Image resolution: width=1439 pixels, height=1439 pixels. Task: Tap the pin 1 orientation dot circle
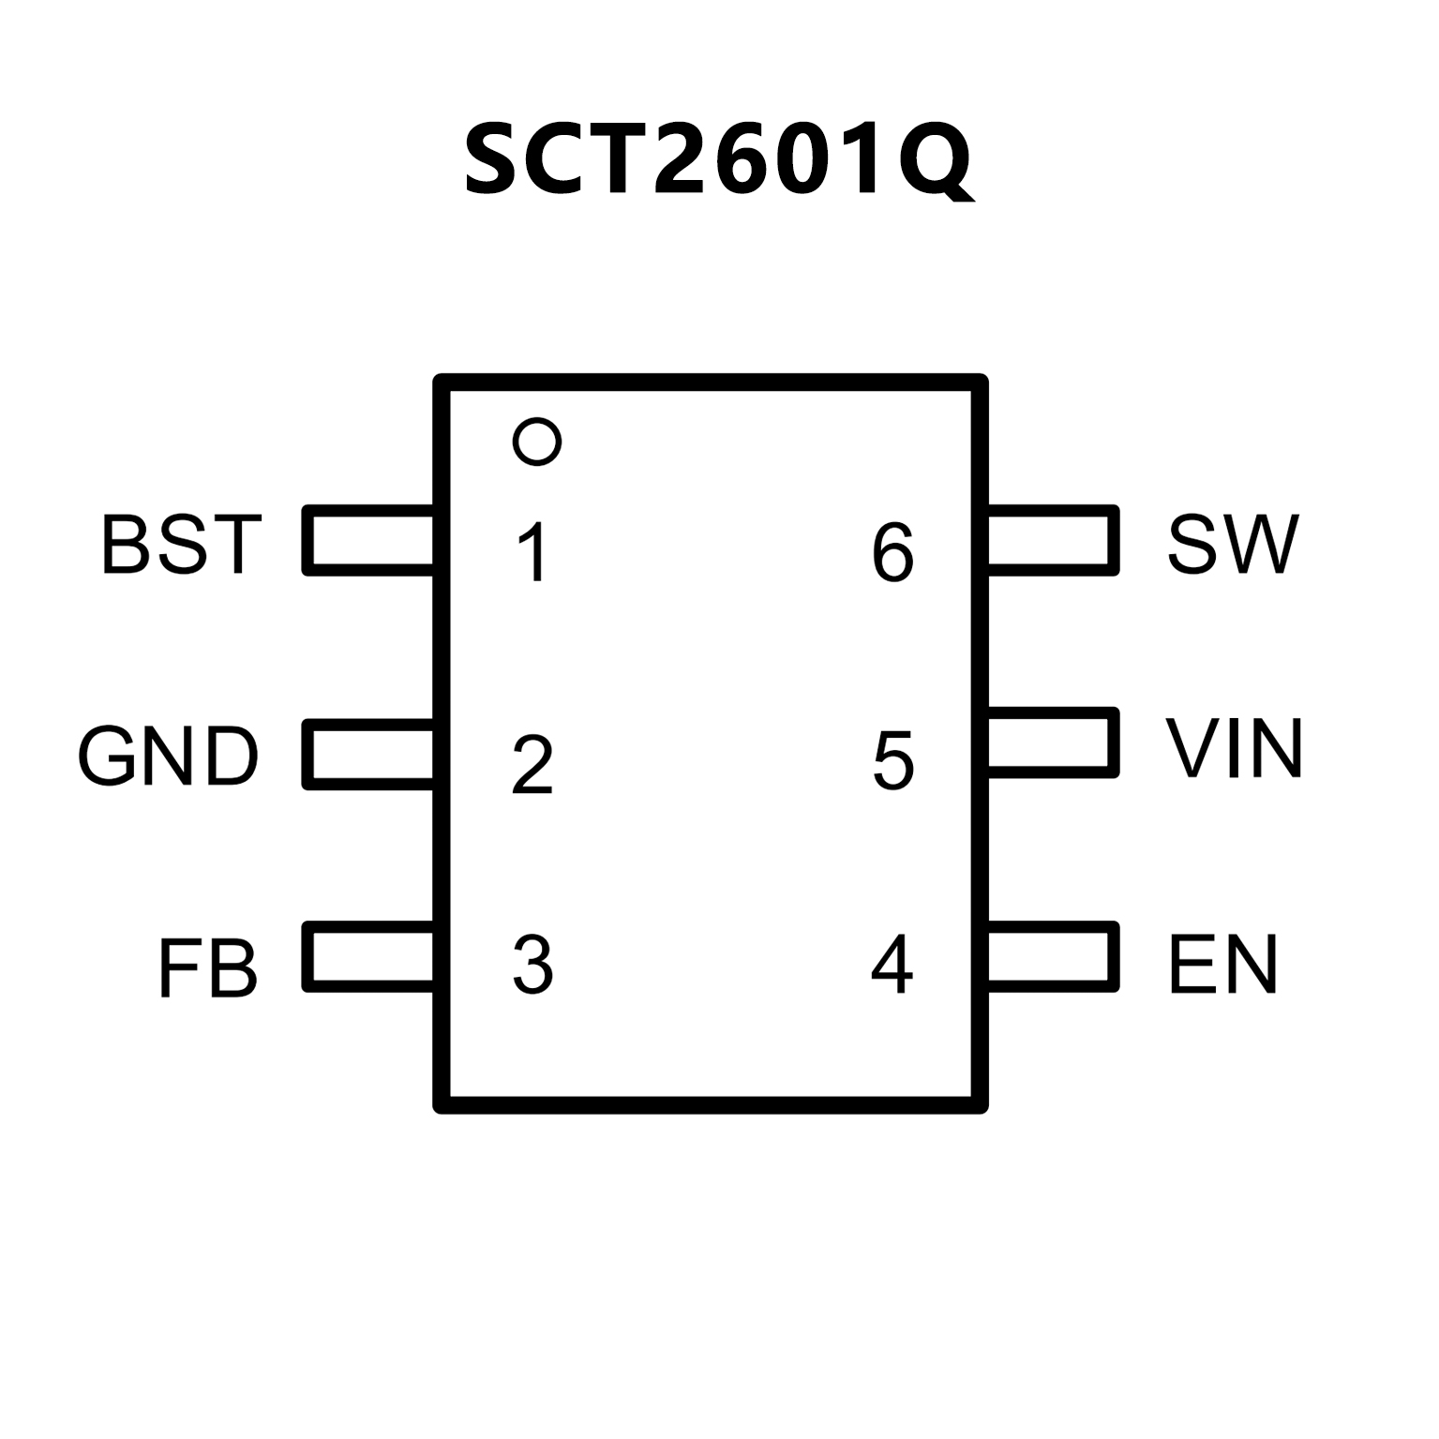(537, 441)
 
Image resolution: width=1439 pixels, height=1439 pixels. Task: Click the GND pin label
(168, 756)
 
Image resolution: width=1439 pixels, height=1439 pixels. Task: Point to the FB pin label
(207, 967)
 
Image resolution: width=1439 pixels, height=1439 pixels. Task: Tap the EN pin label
(1222, 964)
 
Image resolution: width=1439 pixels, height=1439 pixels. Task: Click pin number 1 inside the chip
(533, 552)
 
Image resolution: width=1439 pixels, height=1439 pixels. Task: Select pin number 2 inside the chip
(532, 765)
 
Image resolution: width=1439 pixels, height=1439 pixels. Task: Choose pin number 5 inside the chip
(892, 759)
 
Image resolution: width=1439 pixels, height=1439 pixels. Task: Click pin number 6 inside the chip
(892, 552)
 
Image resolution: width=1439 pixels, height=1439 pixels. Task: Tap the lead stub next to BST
(369, 540)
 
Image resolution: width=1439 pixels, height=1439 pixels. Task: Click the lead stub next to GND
(369, 754)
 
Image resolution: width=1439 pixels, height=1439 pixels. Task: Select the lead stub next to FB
(369, 956)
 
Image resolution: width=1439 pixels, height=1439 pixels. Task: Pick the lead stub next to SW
(1053, 540)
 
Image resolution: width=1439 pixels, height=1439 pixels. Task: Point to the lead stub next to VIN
(1053, 742)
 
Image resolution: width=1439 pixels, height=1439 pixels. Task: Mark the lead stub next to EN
(1053, 956)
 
